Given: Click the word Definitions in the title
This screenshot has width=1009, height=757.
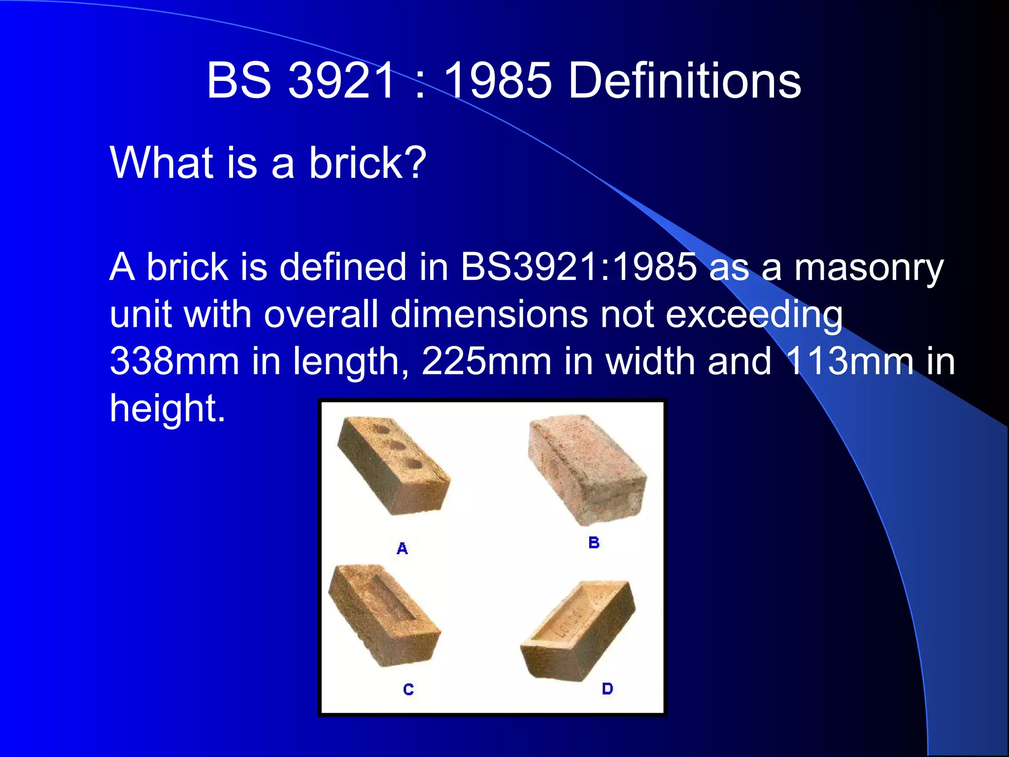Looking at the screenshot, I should tap(684, 80).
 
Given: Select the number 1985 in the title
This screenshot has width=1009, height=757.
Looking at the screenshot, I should tap(497, 80).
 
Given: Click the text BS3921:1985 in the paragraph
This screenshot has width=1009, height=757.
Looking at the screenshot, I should tap(578, 267).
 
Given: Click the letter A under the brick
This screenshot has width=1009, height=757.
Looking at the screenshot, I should tap(402, 549).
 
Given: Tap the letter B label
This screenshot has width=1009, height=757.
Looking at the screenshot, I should tap(594, 543).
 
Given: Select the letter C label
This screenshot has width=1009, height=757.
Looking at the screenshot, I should tap(408, 689).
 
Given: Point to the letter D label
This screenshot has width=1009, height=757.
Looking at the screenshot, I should tap(607, 688).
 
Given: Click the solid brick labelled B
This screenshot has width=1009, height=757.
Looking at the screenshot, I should tap(586, 468).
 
